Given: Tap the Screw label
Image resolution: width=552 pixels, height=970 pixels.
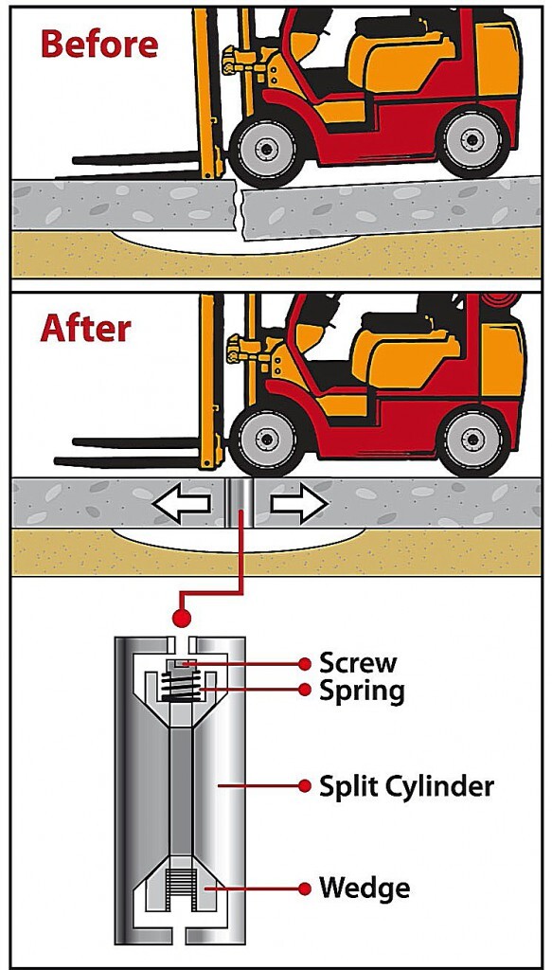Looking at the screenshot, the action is tap(358, 663).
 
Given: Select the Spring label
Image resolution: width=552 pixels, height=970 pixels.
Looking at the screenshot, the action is tap(362, 691).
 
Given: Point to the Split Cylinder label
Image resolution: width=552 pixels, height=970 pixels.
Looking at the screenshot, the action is tap(406, 787).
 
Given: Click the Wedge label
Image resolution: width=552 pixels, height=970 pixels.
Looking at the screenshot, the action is tap(365, 889).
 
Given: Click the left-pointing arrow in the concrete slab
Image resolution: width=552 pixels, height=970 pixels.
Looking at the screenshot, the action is tap(182, 504).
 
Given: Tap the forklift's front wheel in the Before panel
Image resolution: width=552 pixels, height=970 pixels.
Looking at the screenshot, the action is tap(266, 147).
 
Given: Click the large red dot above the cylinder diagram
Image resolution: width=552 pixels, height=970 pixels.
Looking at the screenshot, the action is tap(182, 617).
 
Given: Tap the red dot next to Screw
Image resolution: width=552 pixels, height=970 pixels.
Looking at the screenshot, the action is tap(304, 664).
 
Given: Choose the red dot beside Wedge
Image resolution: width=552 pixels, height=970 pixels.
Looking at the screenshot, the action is tap(304, 889).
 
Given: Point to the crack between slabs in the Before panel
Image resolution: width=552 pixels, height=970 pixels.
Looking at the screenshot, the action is tap(240, 207).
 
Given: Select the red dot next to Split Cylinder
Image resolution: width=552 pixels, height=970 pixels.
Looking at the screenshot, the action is tap(304, 786).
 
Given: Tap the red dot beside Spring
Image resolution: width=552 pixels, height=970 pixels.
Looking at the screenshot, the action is tap(304, 690).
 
